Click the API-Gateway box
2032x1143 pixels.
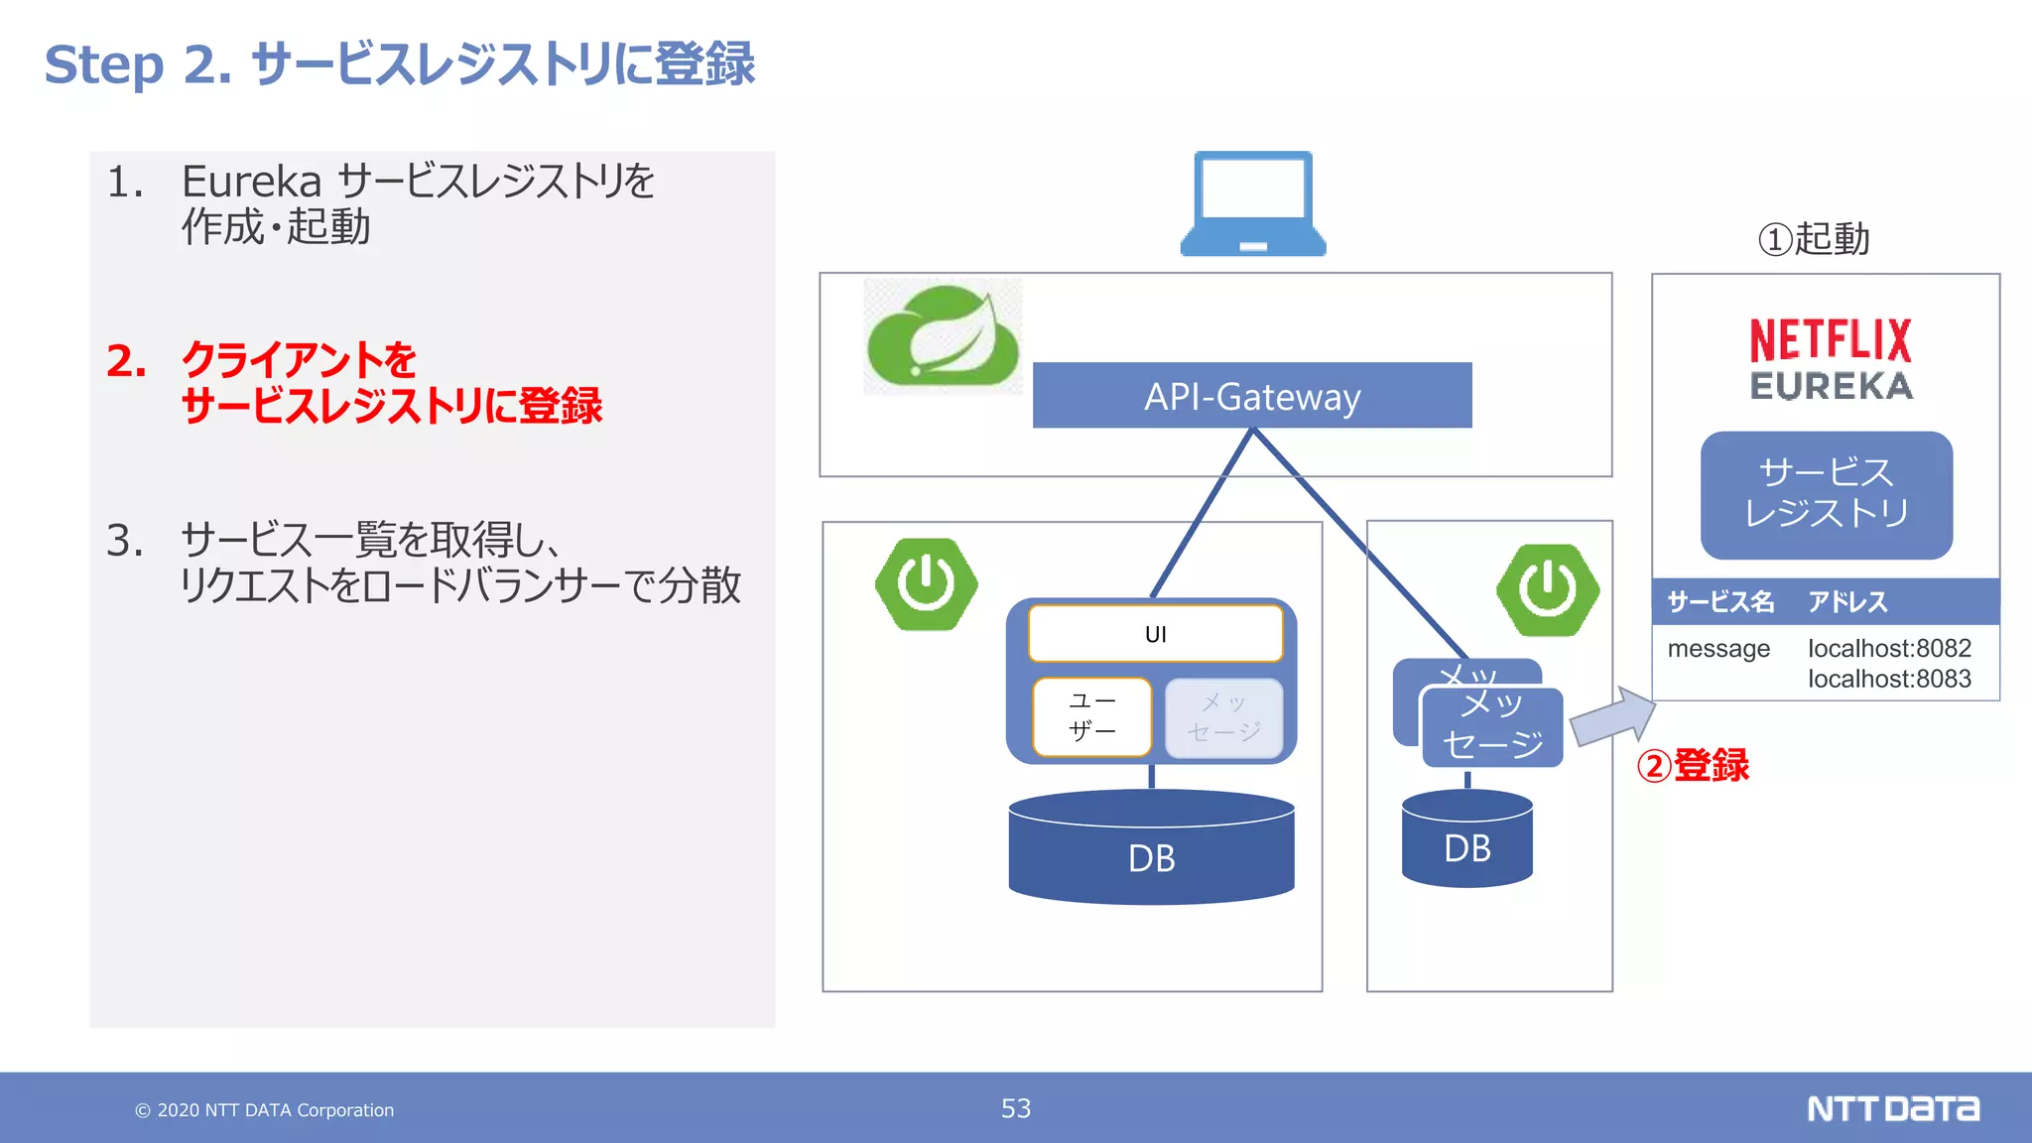point(1252,395)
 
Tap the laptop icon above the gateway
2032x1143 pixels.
point(1253,203)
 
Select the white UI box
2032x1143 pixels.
point(1156,633)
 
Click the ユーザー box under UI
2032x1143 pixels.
point(1091,716)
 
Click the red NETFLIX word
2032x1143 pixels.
point(1831,340)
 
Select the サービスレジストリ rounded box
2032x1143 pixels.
point(1827,494)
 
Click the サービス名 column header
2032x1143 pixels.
point(1720,601)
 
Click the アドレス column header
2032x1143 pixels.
point(1847,601)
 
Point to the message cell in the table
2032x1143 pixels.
point(1718,649)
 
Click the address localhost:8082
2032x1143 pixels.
point(1889,648)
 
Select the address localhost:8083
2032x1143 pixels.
point(1889,679)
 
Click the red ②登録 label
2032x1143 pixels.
point(1693,765)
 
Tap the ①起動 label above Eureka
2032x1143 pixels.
point(1814,239)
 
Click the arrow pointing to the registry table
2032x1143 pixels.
point(1613,717)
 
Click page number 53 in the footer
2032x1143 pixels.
point(1016,1108)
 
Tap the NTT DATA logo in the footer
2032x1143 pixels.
point(1893,1108)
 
